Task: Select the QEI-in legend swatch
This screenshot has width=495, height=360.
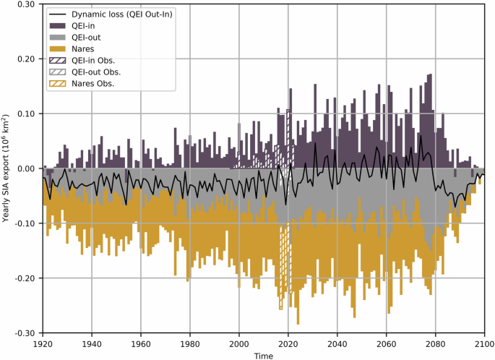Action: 59,26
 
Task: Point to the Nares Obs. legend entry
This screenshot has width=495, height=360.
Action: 94,84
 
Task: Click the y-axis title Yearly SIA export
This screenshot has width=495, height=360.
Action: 7,168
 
